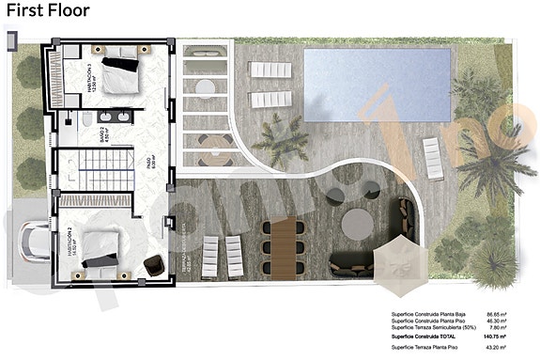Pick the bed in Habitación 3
tap(120, 71)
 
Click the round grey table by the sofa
tap(355, 224)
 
